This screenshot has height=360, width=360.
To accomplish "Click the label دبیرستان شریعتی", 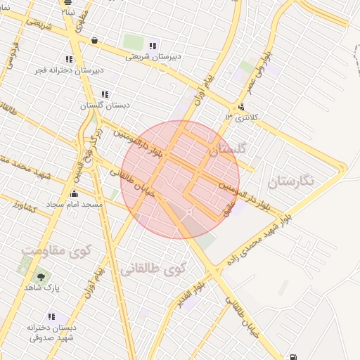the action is pos(153,57).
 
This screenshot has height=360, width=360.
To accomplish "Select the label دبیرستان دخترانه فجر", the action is pos(69,70).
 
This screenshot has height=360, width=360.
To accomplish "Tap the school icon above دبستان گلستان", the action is pos(105,94).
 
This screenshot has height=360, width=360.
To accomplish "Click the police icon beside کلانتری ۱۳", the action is pos(242,108).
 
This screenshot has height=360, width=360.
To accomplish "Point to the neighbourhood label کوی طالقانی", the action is pos(153,268).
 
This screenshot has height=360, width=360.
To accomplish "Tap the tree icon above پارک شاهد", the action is pos(44,276).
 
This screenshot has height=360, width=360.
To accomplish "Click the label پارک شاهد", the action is pos(44,288).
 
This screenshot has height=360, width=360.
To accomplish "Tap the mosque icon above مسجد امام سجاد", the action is pos(74,193).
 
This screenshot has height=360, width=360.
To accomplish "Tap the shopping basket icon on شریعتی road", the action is pos(94,41).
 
